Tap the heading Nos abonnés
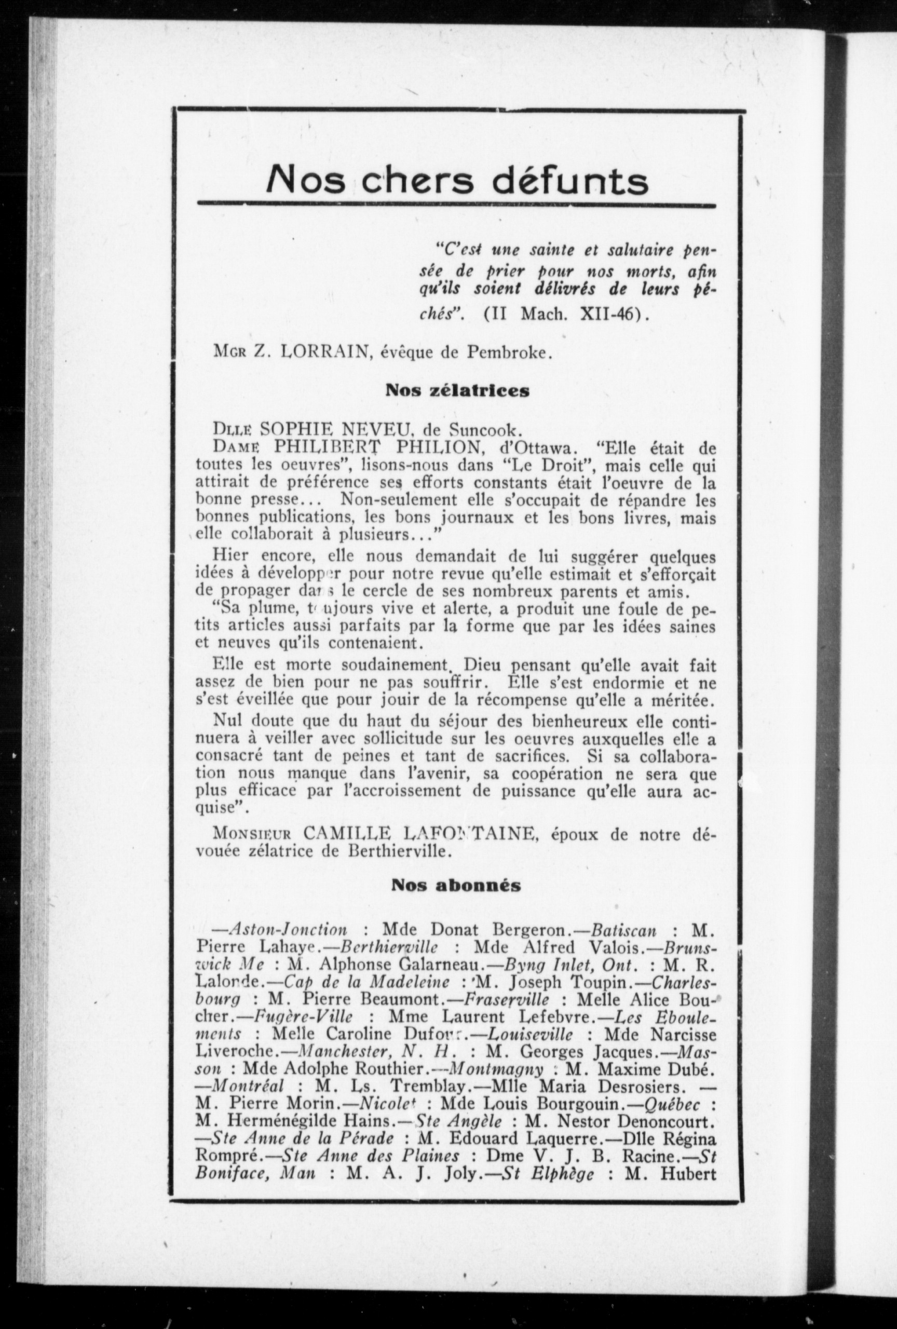pos(456,886)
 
